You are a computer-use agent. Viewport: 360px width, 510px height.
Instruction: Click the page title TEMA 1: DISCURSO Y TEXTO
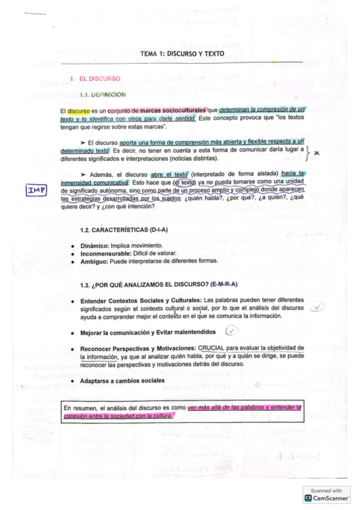point(182,54)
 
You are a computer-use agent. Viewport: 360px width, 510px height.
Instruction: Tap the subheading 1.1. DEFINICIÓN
point(103,94)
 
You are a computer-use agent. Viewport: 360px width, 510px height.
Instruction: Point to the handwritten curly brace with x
point(311,153)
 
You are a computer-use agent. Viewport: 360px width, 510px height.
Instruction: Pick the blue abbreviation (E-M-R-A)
point(220,284)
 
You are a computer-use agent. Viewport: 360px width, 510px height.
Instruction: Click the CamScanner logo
point(326,498)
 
